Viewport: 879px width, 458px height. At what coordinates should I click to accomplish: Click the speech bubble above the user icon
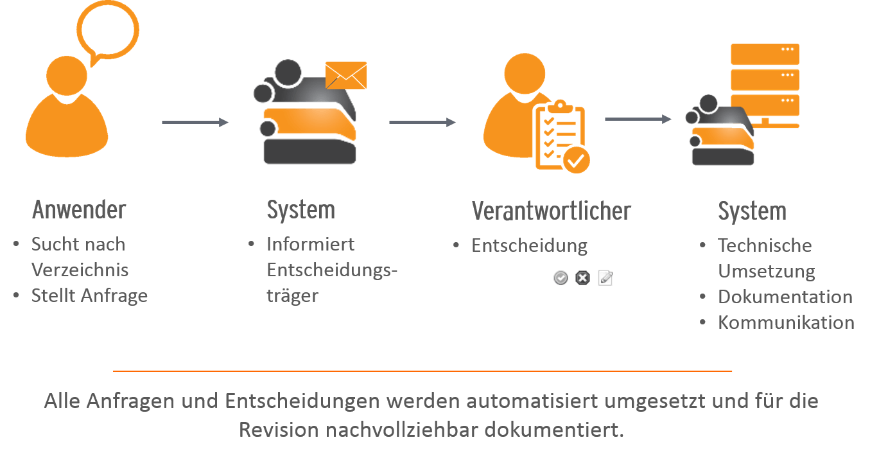pyautogui.click(x=108, y=29)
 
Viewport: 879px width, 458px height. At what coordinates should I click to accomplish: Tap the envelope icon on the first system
pyautogui.click(x=345, y=76)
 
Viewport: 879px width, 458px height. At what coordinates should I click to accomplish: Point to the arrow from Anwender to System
pyautogui.click(x=195, y=122)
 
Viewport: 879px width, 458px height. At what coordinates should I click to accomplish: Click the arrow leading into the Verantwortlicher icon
pyautogui.click(x=422, y=122)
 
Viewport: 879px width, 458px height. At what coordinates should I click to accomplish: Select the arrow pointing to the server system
pyautogui.click(x=638, y=119)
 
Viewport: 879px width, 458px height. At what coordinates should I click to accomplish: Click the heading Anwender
pyautogui.click(x=79, y=210)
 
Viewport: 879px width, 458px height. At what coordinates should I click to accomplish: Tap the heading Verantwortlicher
pyautogui.click(x=551, y=211)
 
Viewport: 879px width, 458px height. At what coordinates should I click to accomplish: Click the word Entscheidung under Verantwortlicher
pyautogui.click(x=529, y=245)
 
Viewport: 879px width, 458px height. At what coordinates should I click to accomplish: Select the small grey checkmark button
pyautogui.click(x=561, y=277)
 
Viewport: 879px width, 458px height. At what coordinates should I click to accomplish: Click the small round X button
pyautogui.click(x=582, y=277)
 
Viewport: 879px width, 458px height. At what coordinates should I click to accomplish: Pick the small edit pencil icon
pyautogui.click(x=605, y=277)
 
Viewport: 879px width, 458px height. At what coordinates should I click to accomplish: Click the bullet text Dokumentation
pyautogui.click(x=785, y=297)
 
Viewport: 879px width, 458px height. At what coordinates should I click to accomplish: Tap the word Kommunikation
pyautogui.click(x=786, y=322)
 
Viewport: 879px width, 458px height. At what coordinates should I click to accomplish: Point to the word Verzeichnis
pyautogui.click(x=80, y=270)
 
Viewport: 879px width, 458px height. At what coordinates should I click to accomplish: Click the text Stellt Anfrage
pyautogui.click(x=89, y=295)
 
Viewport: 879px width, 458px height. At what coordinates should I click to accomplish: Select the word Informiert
pyautogui.click(x=310, y=244)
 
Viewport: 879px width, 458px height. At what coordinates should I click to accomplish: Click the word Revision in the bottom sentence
pyautogui.click(x=279, y=429)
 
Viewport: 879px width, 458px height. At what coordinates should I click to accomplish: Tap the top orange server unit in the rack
pyautogui.click(x=765, y=54)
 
